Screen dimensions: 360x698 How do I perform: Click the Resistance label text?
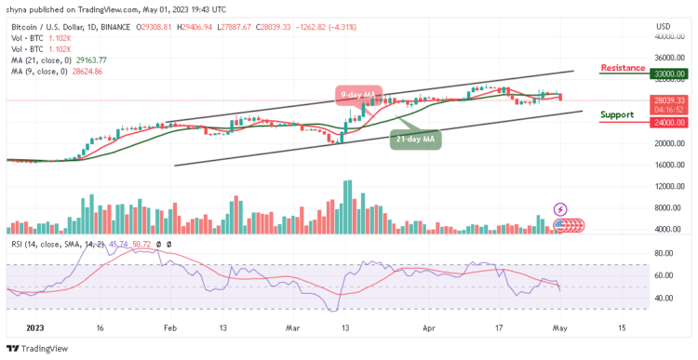pyautogui.click(x=624, y=68)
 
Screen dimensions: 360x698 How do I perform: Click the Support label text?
pyautogui.click(x=617, y=114)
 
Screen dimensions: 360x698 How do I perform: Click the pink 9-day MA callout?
pyautogui.click(x=359, y=93)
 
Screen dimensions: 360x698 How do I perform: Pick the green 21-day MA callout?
pyautogui.click(x=414, y=140)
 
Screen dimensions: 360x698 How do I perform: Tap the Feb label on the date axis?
pyautogui.click(x=169, y=328)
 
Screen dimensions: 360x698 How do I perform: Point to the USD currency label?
pyautogui.click(x=664, y=25)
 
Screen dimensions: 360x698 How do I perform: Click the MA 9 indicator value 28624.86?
pyautogui.click(x=86, y=71)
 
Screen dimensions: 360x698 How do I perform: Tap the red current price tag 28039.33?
pyautogui.click(x=668, y=100)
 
